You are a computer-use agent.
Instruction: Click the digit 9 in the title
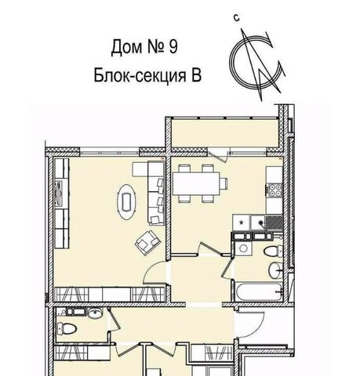point(173,46)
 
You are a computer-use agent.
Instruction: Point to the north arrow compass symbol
point(257,64)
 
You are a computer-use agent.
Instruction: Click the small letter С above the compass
point(237,18)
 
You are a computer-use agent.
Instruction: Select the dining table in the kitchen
point(196,183)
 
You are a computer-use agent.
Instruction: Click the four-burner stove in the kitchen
point(275,190)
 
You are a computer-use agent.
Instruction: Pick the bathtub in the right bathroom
point(258,291)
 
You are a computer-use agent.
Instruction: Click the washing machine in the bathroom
point(243,248)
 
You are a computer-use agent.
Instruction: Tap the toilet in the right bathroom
point(273,251)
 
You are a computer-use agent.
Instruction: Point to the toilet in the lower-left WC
point(67,328)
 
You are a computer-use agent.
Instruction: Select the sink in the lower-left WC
point(95,313)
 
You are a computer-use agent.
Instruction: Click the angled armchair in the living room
point(147,242)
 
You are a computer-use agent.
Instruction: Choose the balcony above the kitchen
point(224,132)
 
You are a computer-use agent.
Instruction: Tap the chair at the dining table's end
point(224,183)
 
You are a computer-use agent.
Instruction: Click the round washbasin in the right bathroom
point(275,270)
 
